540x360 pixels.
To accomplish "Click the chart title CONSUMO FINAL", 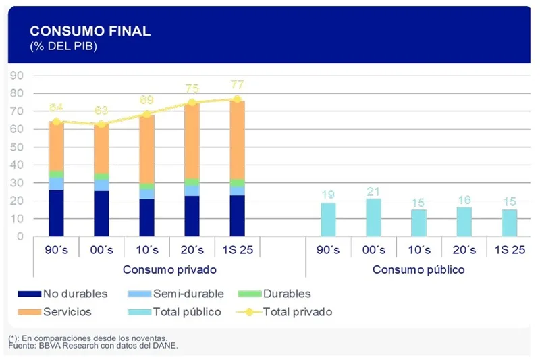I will click(90, 31).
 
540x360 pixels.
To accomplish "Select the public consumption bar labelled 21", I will click(373, 217).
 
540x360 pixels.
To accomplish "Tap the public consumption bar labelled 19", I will click(328, 220).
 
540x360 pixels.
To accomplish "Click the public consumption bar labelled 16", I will click(464, 222).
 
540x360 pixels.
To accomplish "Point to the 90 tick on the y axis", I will click(17, 75).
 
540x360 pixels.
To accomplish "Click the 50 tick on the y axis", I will click(17, 147).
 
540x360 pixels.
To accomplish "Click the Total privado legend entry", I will click(283, 312).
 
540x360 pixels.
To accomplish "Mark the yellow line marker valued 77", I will click(237, 99).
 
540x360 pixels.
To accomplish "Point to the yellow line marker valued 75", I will click(192, 103).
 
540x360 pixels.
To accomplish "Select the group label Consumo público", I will click(418, 269).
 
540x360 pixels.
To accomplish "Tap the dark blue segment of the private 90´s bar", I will click(56, 213).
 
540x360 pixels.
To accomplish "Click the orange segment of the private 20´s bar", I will click(192, 142).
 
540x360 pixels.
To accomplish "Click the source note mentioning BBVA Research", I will click(93, 346).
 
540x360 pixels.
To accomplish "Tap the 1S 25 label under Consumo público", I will click(509, 250).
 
